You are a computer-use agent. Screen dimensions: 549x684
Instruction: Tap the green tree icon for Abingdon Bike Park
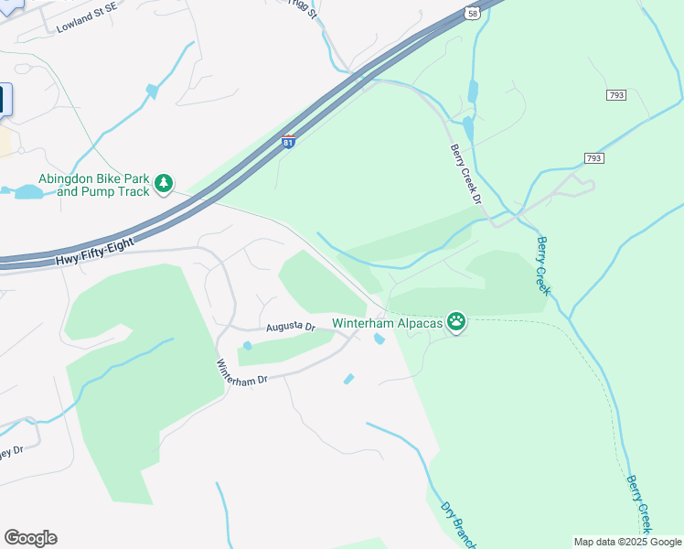pyautogui.click(x=164, y=184)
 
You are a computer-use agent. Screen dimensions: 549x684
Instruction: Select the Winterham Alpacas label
pyautogui.click(x=387, y=323)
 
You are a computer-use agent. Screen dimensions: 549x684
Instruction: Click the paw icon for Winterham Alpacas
pyautogui.click(x=455, y=321)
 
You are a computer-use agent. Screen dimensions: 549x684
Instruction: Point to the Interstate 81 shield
pyautogui.click(x=288, y=142)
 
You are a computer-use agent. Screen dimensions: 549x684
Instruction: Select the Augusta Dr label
pyautogui.click(x=290, y=327)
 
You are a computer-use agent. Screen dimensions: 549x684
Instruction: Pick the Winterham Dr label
pyautogui.click(x=241, y=372)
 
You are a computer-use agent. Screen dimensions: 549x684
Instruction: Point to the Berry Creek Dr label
pyautogui.click(x=464, y=174)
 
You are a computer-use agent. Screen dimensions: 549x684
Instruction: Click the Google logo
pyautogui.click(x=30, y=538)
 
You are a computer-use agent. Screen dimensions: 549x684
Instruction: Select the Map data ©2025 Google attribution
pyautogui.click(x=628, y=542)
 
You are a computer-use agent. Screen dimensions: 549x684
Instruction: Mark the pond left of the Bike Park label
pyautogui.click(x=28, y=191)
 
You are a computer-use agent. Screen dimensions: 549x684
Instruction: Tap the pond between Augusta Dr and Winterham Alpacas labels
pyautogui.click(x=379, y=340)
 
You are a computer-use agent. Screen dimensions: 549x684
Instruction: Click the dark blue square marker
pyautogui.click(x=5, y=100)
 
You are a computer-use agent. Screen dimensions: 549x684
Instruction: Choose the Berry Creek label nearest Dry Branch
pyautogui.click(x=639, y=503)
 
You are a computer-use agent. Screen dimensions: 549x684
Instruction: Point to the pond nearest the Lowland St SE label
pyautogui.click(x=152, y=91)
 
